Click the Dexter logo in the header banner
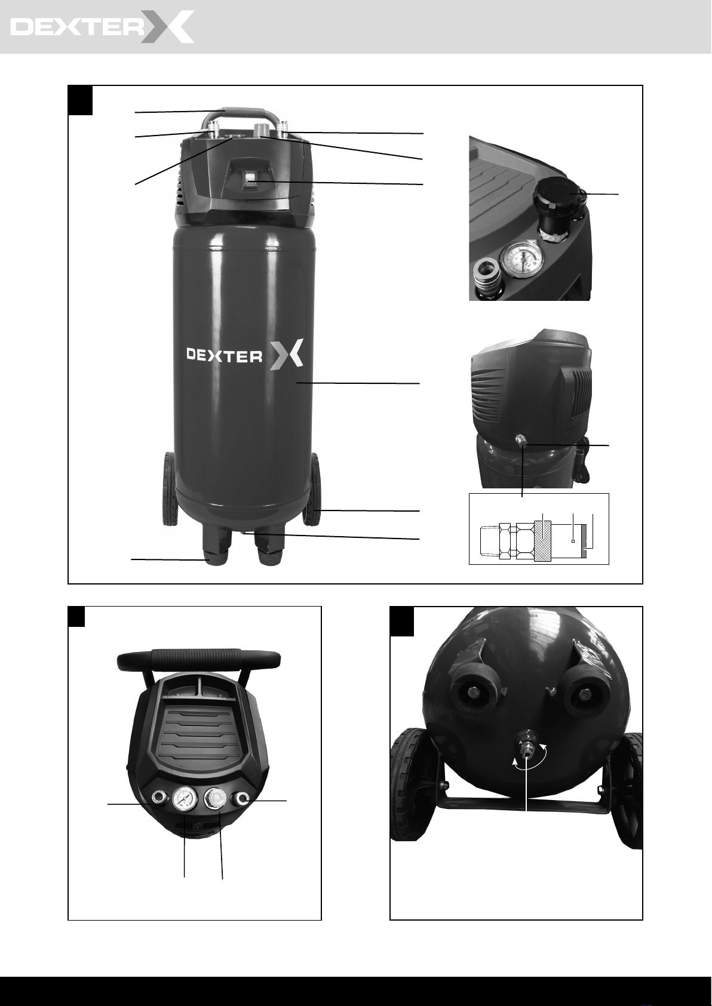(102, 27)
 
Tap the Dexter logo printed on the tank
(245, 355)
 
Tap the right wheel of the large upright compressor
(312, 490)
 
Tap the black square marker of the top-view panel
(76, 616)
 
